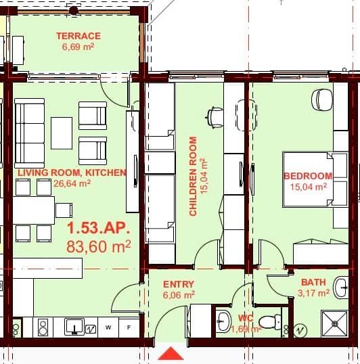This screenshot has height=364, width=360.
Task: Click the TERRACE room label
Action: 78,36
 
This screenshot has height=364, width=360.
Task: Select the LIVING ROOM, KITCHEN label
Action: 72,173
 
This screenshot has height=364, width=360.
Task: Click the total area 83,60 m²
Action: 98,247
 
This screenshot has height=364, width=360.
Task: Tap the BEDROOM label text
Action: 308,176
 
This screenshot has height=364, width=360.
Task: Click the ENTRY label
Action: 179,284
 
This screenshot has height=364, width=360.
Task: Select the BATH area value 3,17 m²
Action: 313,294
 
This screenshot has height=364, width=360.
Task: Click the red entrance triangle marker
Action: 173,354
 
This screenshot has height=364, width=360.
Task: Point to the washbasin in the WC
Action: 223,321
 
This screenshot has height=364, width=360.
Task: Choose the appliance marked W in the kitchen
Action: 108,328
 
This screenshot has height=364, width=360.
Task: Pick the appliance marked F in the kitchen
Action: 129,328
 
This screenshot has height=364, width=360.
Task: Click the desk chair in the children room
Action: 215,116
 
